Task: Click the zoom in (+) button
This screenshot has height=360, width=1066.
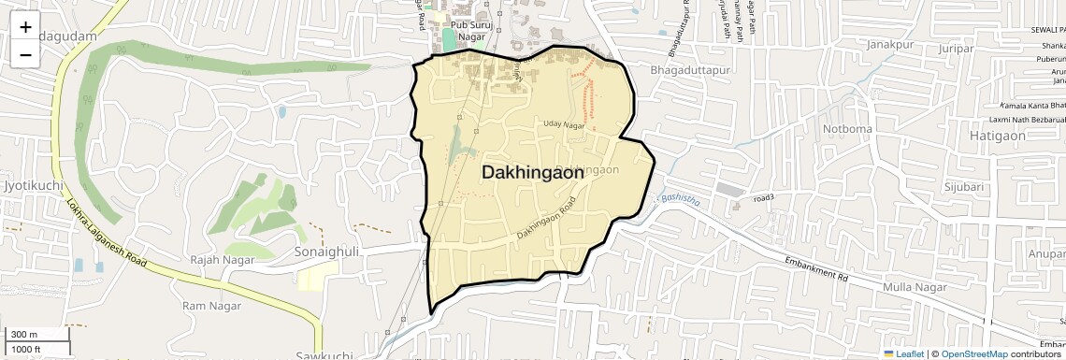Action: pos(25,27)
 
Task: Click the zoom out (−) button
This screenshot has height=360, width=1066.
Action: pos(25,55)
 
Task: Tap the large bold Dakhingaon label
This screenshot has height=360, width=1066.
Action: pos(533,173)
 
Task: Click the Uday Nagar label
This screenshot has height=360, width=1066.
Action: pos(564,124)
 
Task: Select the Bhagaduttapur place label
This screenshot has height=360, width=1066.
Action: pos(687,69)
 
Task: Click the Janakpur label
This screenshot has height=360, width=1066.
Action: pos(889,44)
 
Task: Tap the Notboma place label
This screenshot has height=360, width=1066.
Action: pos(846,128)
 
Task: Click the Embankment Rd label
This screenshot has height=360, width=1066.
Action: pos(815,270)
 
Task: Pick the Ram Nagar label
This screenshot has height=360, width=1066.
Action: pos(211,306)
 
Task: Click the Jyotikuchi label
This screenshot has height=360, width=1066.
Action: pos(33,185)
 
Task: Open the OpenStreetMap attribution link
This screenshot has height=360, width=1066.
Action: pos(973,353)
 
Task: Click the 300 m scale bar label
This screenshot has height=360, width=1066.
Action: pos(24,335)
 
